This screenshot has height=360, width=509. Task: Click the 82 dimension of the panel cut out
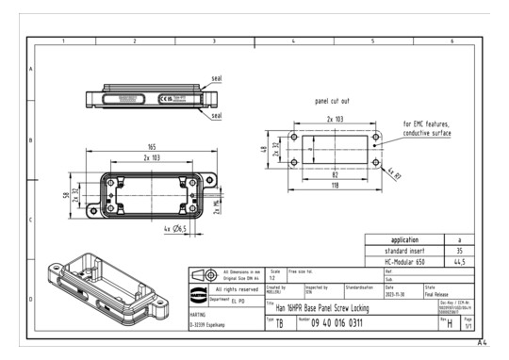point(335,175)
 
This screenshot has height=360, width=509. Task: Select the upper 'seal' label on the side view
point(216,78)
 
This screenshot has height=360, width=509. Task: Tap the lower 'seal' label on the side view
point(216,115)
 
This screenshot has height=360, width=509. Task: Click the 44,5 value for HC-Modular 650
point(458,263)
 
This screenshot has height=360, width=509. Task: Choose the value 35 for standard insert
point(458,252)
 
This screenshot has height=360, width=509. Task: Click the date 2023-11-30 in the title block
point(396,292)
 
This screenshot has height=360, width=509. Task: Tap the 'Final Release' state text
point(442,292)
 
